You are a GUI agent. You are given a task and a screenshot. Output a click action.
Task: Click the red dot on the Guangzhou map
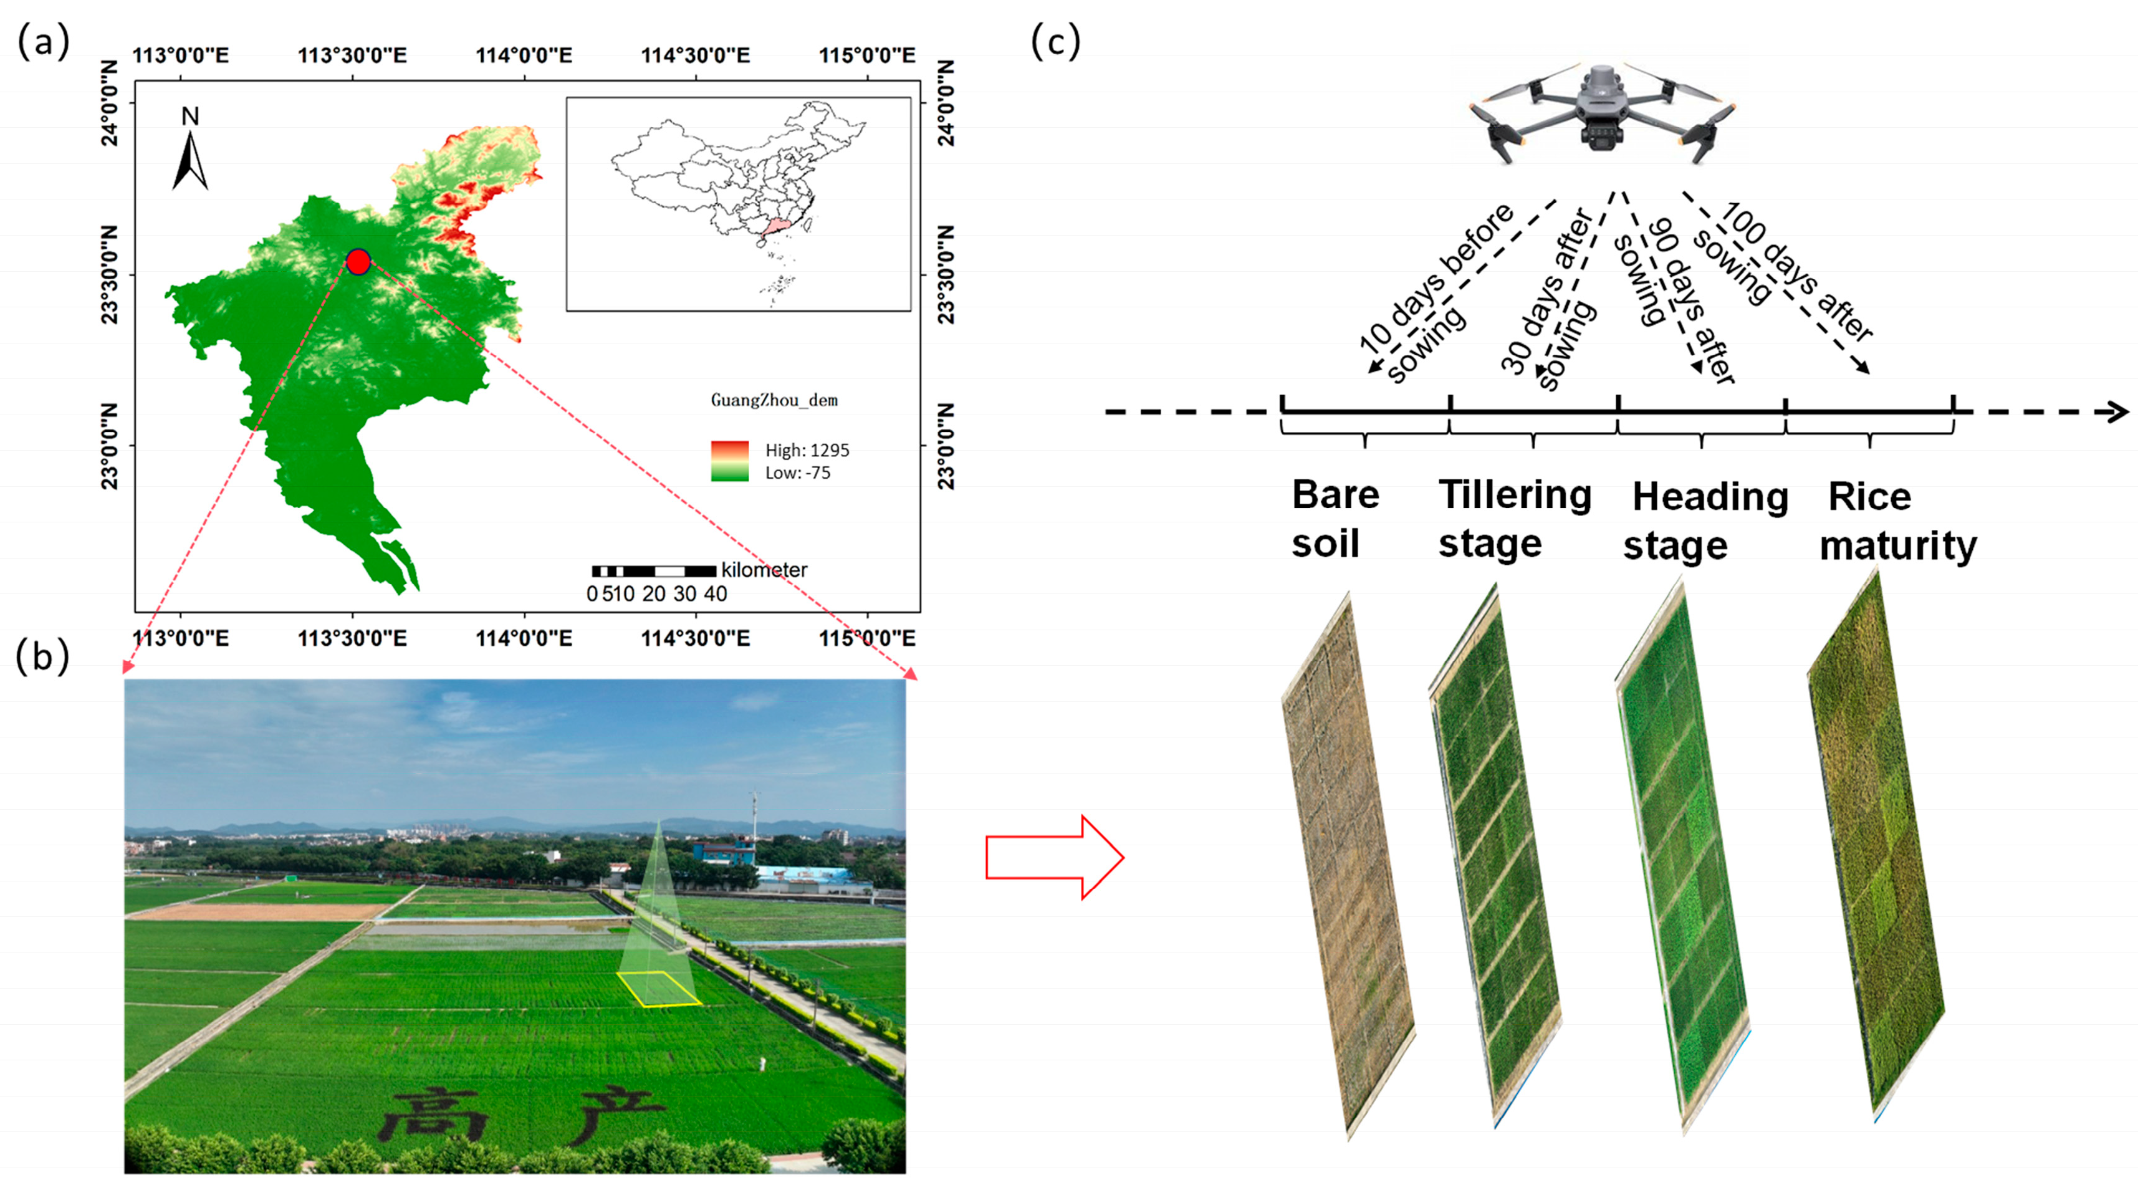358,261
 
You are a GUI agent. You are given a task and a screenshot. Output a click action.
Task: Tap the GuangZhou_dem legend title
774,400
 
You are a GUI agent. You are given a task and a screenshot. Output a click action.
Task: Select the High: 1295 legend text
807,450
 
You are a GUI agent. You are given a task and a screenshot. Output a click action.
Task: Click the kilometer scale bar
654,571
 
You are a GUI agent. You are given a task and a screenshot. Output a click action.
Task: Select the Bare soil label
1334,519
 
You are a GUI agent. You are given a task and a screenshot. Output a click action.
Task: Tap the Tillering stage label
1514,519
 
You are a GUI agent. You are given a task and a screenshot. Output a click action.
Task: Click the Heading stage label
1708,521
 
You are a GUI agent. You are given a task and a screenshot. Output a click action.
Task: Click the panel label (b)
42,656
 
